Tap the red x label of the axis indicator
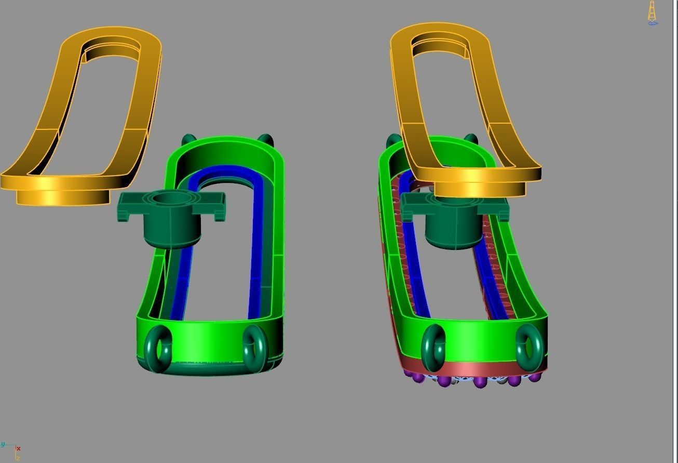[x=18, y=448]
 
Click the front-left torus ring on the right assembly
[x=433, y=348]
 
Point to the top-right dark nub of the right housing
[x=470, y=138]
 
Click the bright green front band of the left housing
[x=208, y=338]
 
